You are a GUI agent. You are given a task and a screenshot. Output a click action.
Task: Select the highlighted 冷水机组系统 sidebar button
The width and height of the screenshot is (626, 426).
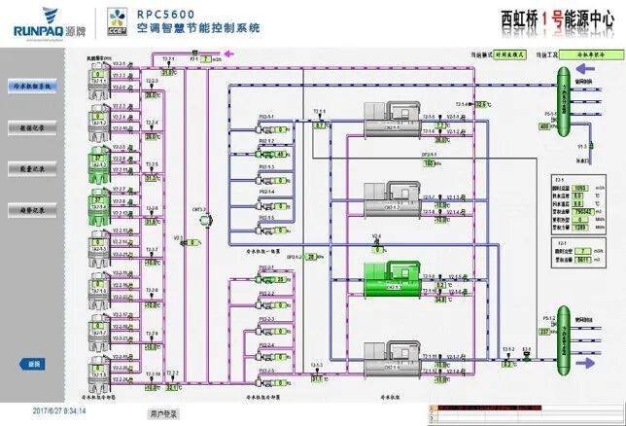coord(32,86)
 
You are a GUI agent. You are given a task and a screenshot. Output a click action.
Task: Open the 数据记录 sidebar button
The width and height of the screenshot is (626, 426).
coord(32,127)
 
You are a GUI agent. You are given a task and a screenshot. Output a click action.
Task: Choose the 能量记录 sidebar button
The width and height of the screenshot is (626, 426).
coord(32,168)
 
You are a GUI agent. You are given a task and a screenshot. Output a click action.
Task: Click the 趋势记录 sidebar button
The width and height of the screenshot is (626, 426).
coord(32,209)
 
